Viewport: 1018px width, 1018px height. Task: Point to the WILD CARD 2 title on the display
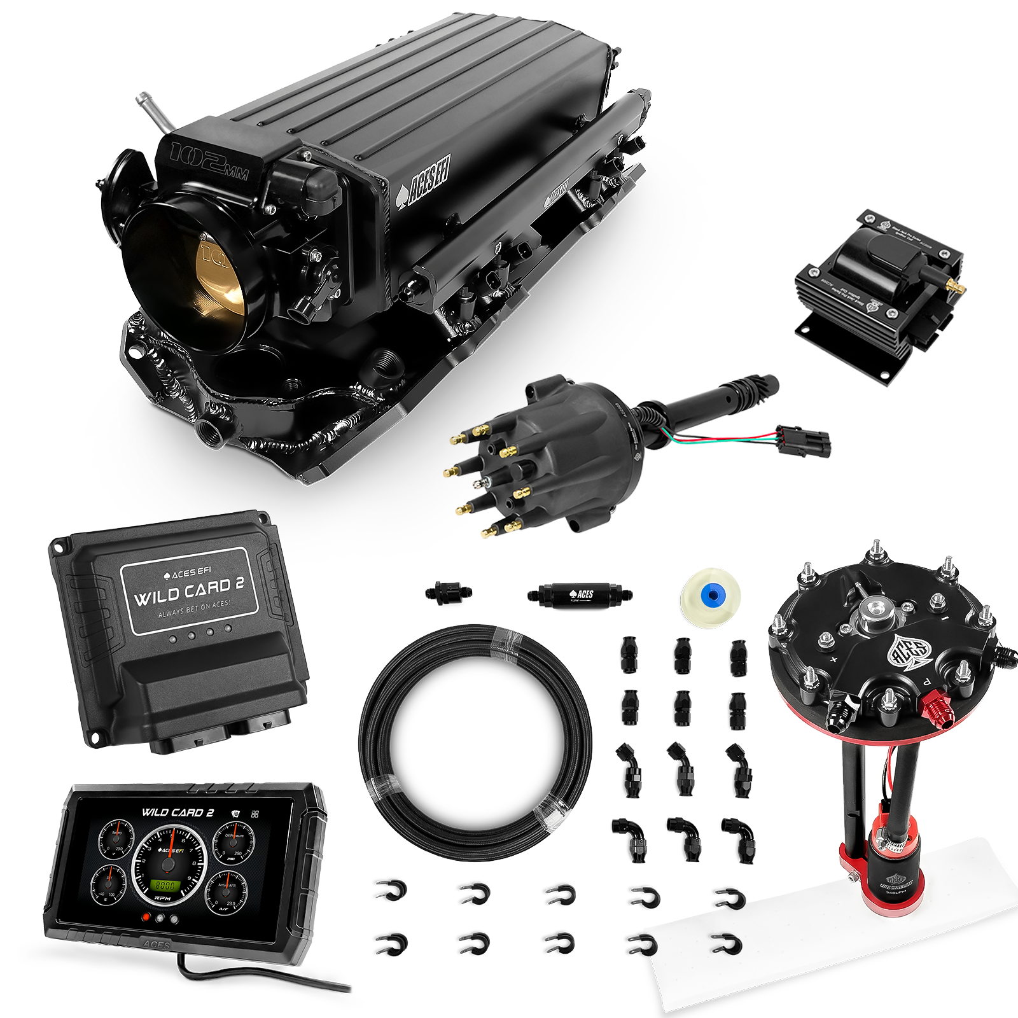click(172, 812)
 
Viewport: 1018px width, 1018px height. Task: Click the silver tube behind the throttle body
click(150, 112)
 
